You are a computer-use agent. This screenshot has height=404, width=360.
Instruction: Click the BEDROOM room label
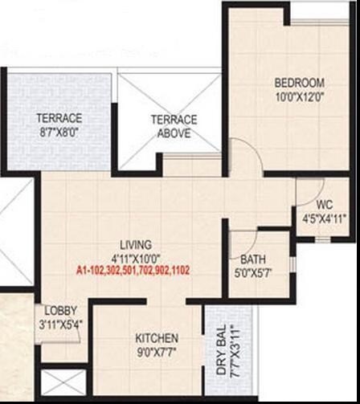coord(299,83)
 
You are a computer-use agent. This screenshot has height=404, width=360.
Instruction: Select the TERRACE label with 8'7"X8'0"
coord(59,117)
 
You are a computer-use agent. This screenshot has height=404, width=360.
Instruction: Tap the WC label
coord(325,204)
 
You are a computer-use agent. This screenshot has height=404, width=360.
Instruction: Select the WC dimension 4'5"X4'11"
coord(325,218)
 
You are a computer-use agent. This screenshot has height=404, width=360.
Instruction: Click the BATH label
coord(253,260)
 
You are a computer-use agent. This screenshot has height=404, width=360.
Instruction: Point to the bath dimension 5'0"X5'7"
coord(253,273)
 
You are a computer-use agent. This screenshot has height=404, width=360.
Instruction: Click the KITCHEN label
coord(157,338)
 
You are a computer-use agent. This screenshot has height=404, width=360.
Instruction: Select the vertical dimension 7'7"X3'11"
coord(234,354)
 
